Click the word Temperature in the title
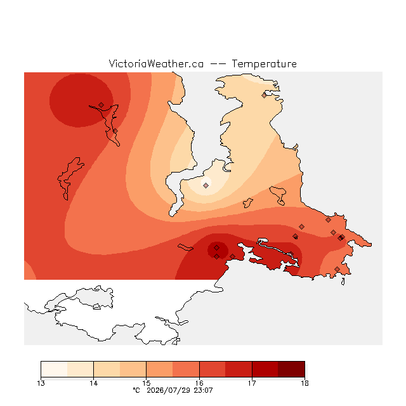264,63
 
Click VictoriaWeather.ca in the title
156,63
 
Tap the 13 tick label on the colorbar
41,383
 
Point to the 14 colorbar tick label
94,383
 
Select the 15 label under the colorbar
147,383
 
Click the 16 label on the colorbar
199,383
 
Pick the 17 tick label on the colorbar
252,383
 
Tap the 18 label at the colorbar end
304,383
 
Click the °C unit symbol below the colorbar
136,390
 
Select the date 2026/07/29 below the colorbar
168,390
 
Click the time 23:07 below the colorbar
203,390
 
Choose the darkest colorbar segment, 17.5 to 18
291,369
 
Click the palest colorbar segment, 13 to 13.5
54,369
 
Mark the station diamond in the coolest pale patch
206,185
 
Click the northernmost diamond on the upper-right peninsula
264,96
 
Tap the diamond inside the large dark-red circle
101,105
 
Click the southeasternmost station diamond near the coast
337,269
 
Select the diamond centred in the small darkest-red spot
217,248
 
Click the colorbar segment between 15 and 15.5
159,369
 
